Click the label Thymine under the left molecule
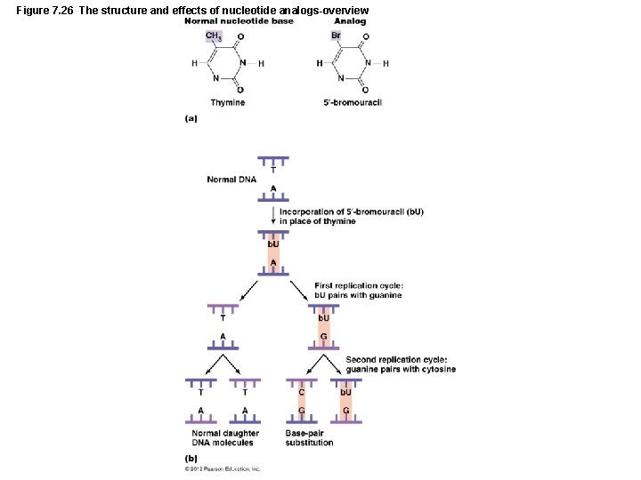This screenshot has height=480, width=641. (x=227, y=103)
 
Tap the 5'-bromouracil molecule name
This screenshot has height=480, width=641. (x=353, y=103)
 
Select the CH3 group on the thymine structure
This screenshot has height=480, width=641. (x=214, y=36)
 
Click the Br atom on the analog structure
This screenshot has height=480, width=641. (x=336, y=36)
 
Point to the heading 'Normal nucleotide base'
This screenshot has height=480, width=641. (x=239, y=20)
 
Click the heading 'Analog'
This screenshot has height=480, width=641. (x=350, y=20)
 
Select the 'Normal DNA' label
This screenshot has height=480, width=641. (x=231, y=180)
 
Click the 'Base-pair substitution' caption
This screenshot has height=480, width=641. (x=310, y=438)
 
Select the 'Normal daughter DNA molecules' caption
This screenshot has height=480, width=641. (x=225, y=438)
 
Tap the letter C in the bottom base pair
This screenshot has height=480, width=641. (x=302, y=392)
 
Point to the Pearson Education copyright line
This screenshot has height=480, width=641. (x=223, y=468)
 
